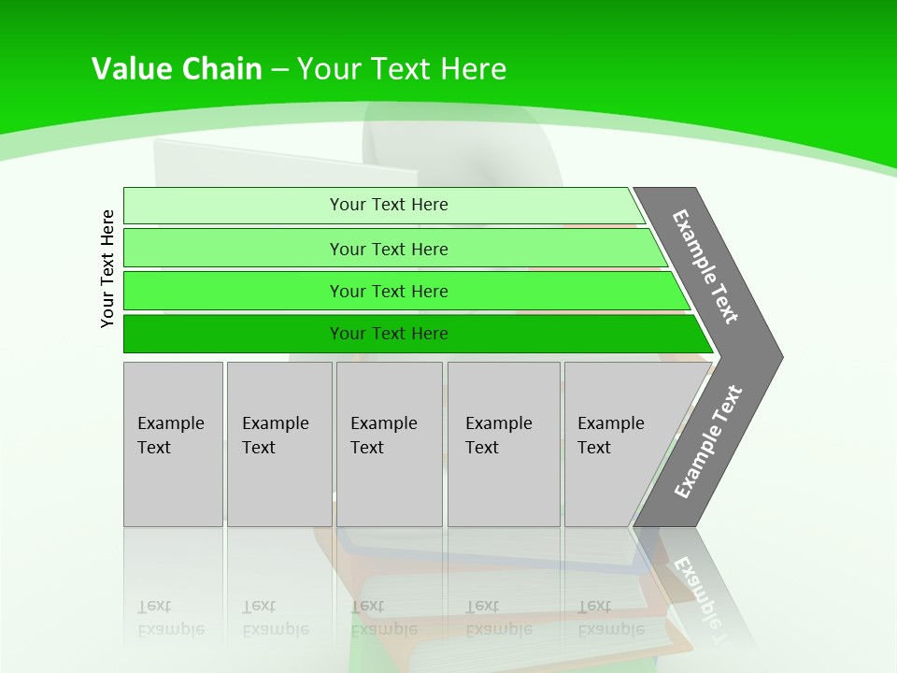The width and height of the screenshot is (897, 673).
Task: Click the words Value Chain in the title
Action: (177, 68)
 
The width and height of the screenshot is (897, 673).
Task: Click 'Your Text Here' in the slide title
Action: (402, 68)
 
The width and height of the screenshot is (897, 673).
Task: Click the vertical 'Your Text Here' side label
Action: (107, 268)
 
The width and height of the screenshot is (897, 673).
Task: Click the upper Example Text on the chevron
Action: (705, 266)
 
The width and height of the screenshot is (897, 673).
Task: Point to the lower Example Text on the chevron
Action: (707, 442)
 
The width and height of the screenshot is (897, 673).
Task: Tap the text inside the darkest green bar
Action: (389, 334)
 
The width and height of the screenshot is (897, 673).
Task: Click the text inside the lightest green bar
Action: (389, 205)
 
